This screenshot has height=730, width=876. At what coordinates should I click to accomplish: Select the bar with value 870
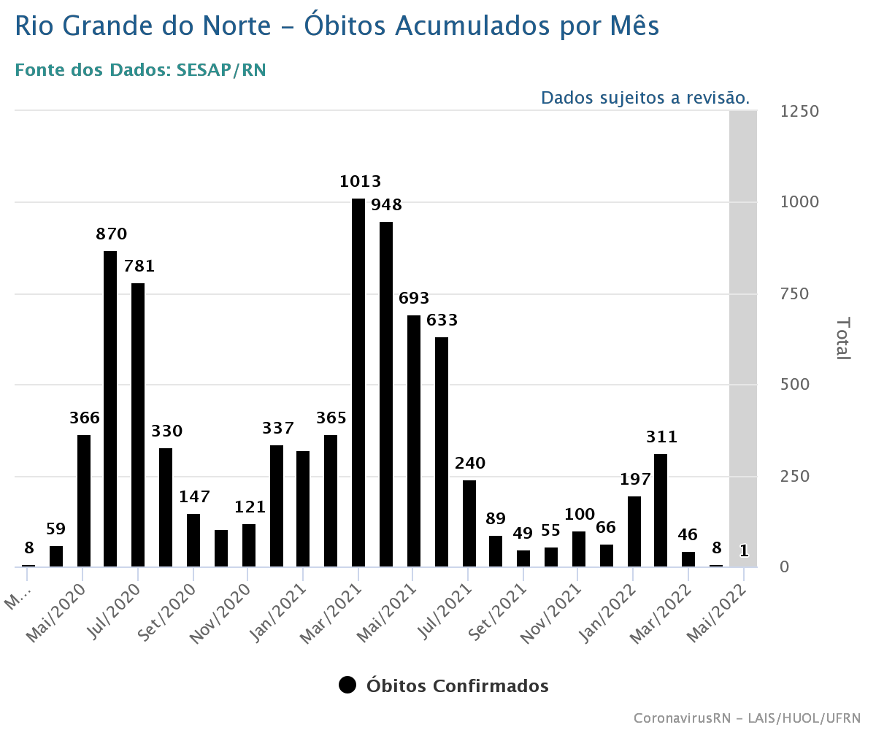(x=110, y=408)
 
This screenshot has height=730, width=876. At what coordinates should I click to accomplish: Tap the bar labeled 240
(x=469, y=523)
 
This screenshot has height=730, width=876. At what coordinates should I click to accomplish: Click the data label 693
(x=414, y=299)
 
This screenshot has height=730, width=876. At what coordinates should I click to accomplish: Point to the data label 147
(x=194, y=497)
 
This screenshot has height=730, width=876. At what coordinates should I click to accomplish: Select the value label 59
(x=56, y=529)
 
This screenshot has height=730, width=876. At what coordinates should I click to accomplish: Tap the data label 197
(x=635, y=480)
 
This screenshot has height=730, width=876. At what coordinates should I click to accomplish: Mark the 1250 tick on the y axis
(x=800, y=112)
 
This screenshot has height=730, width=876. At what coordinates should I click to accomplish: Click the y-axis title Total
(x=842, y=338)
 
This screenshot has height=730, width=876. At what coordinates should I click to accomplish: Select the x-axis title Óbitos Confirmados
(x=458, y=686)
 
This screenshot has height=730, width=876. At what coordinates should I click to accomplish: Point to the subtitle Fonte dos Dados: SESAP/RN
(x=140, y=70)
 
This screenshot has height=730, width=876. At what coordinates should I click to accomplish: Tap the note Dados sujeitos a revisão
(x=645, y=98)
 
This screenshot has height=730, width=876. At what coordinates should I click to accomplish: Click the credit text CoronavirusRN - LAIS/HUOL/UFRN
(x=747, y=718)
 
